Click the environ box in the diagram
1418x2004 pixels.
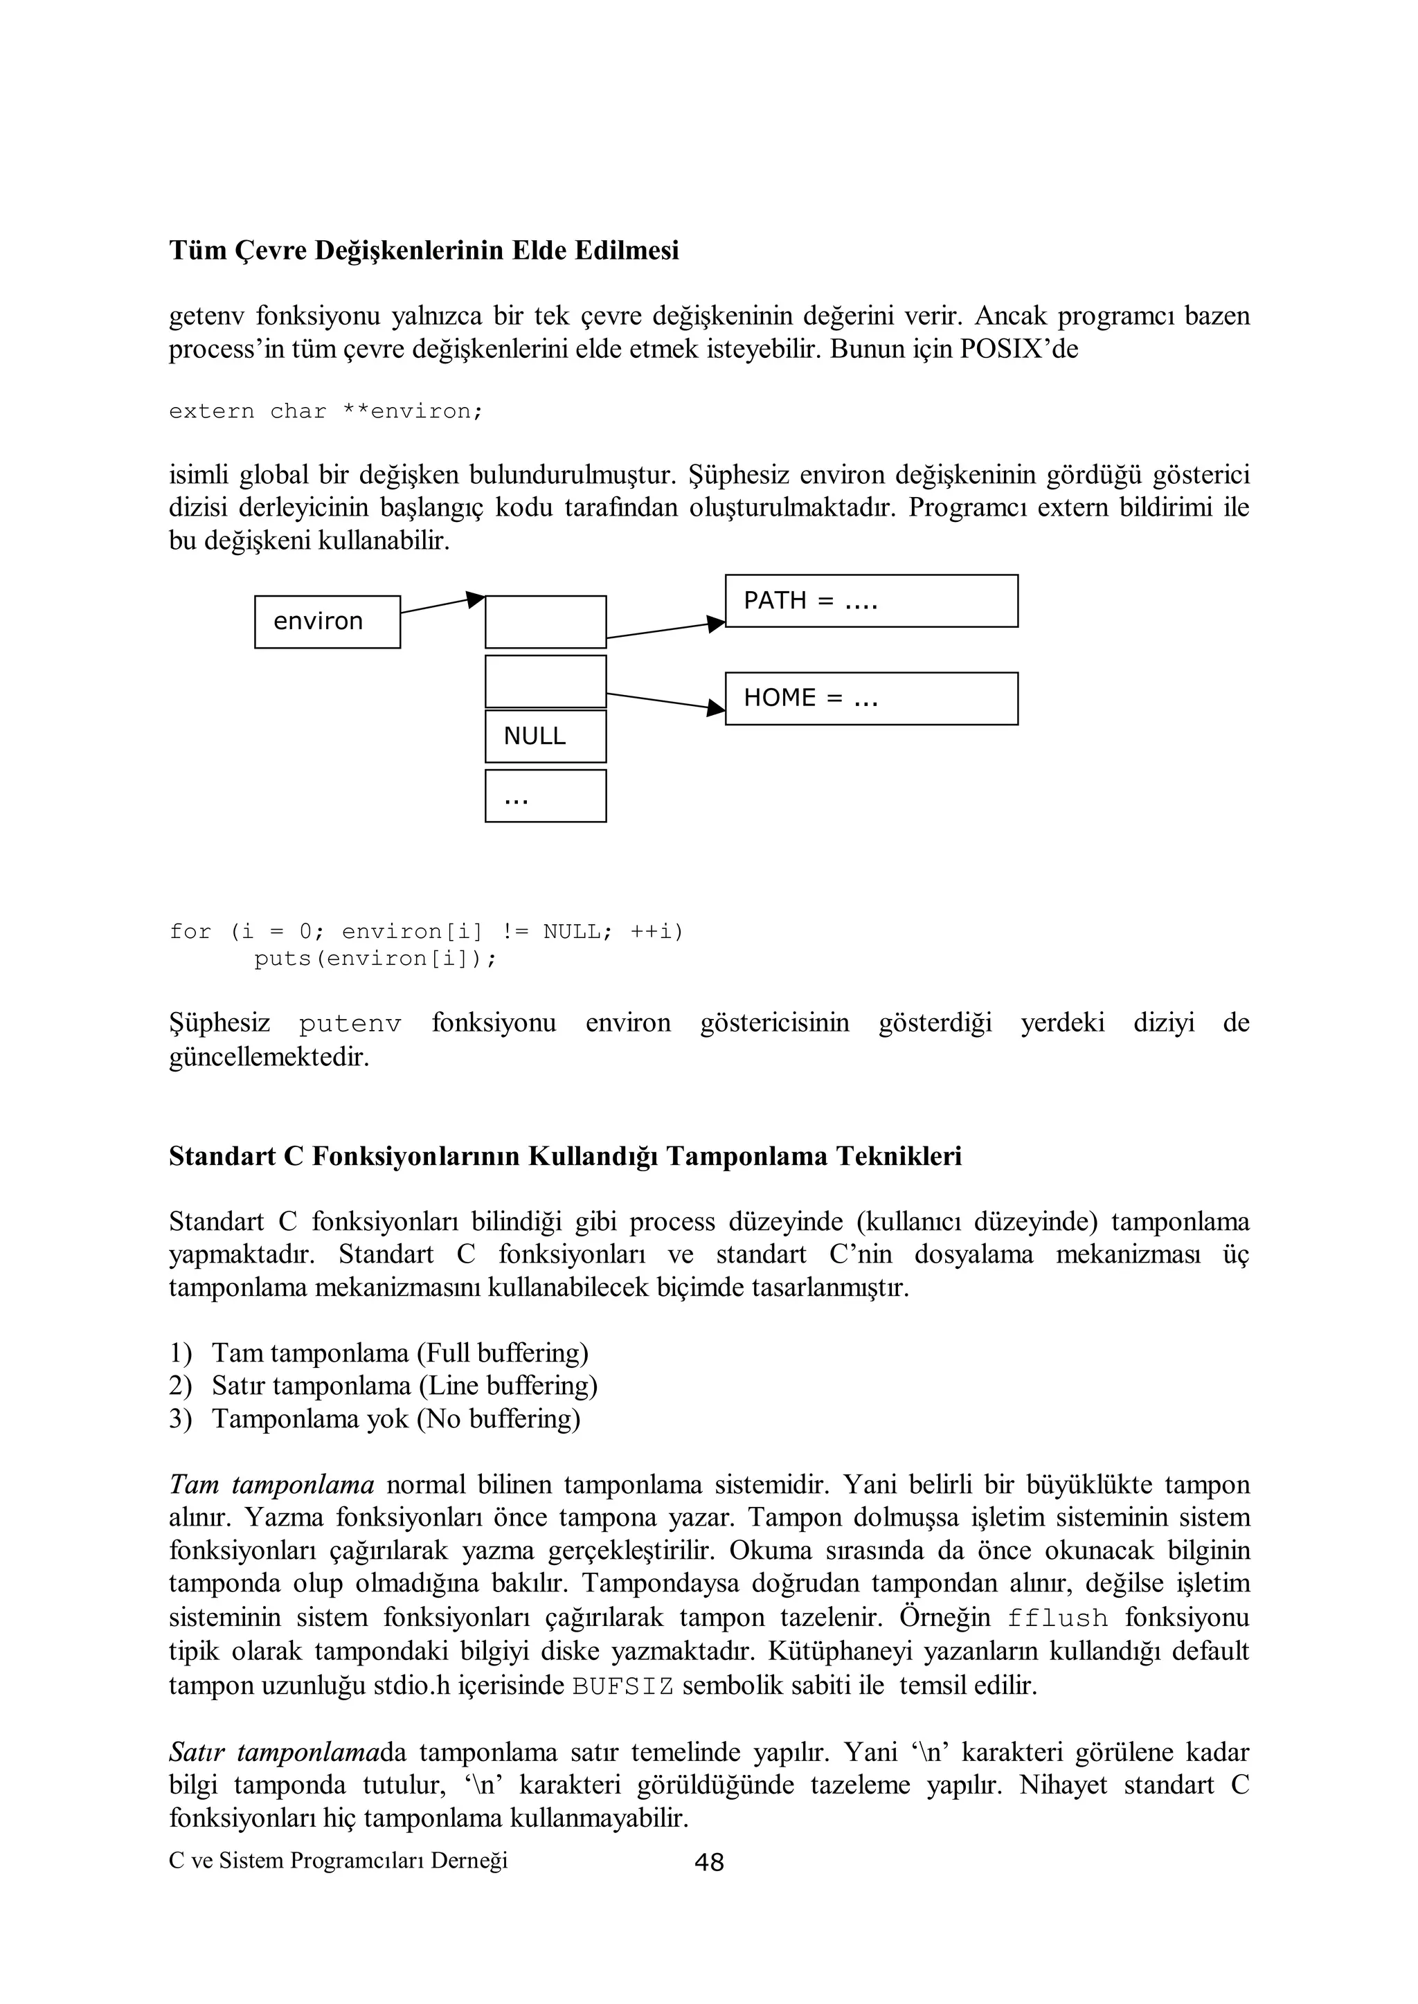coord(327,622)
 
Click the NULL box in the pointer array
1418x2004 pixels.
coord(545,736)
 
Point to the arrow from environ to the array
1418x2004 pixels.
coord(441,604)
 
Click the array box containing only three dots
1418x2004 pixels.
coord(545,795)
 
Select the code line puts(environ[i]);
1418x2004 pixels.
coord(375,958)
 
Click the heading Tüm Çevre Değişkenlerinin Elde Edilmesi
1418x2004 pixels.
coord(424,251)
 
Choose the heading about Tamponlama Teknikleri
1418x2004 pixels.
coord(565,1155)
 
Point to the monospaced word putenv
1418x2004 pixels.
coord(350,1024)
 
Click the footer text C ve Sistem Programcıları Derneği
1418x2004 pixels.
coord(338,1861)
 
